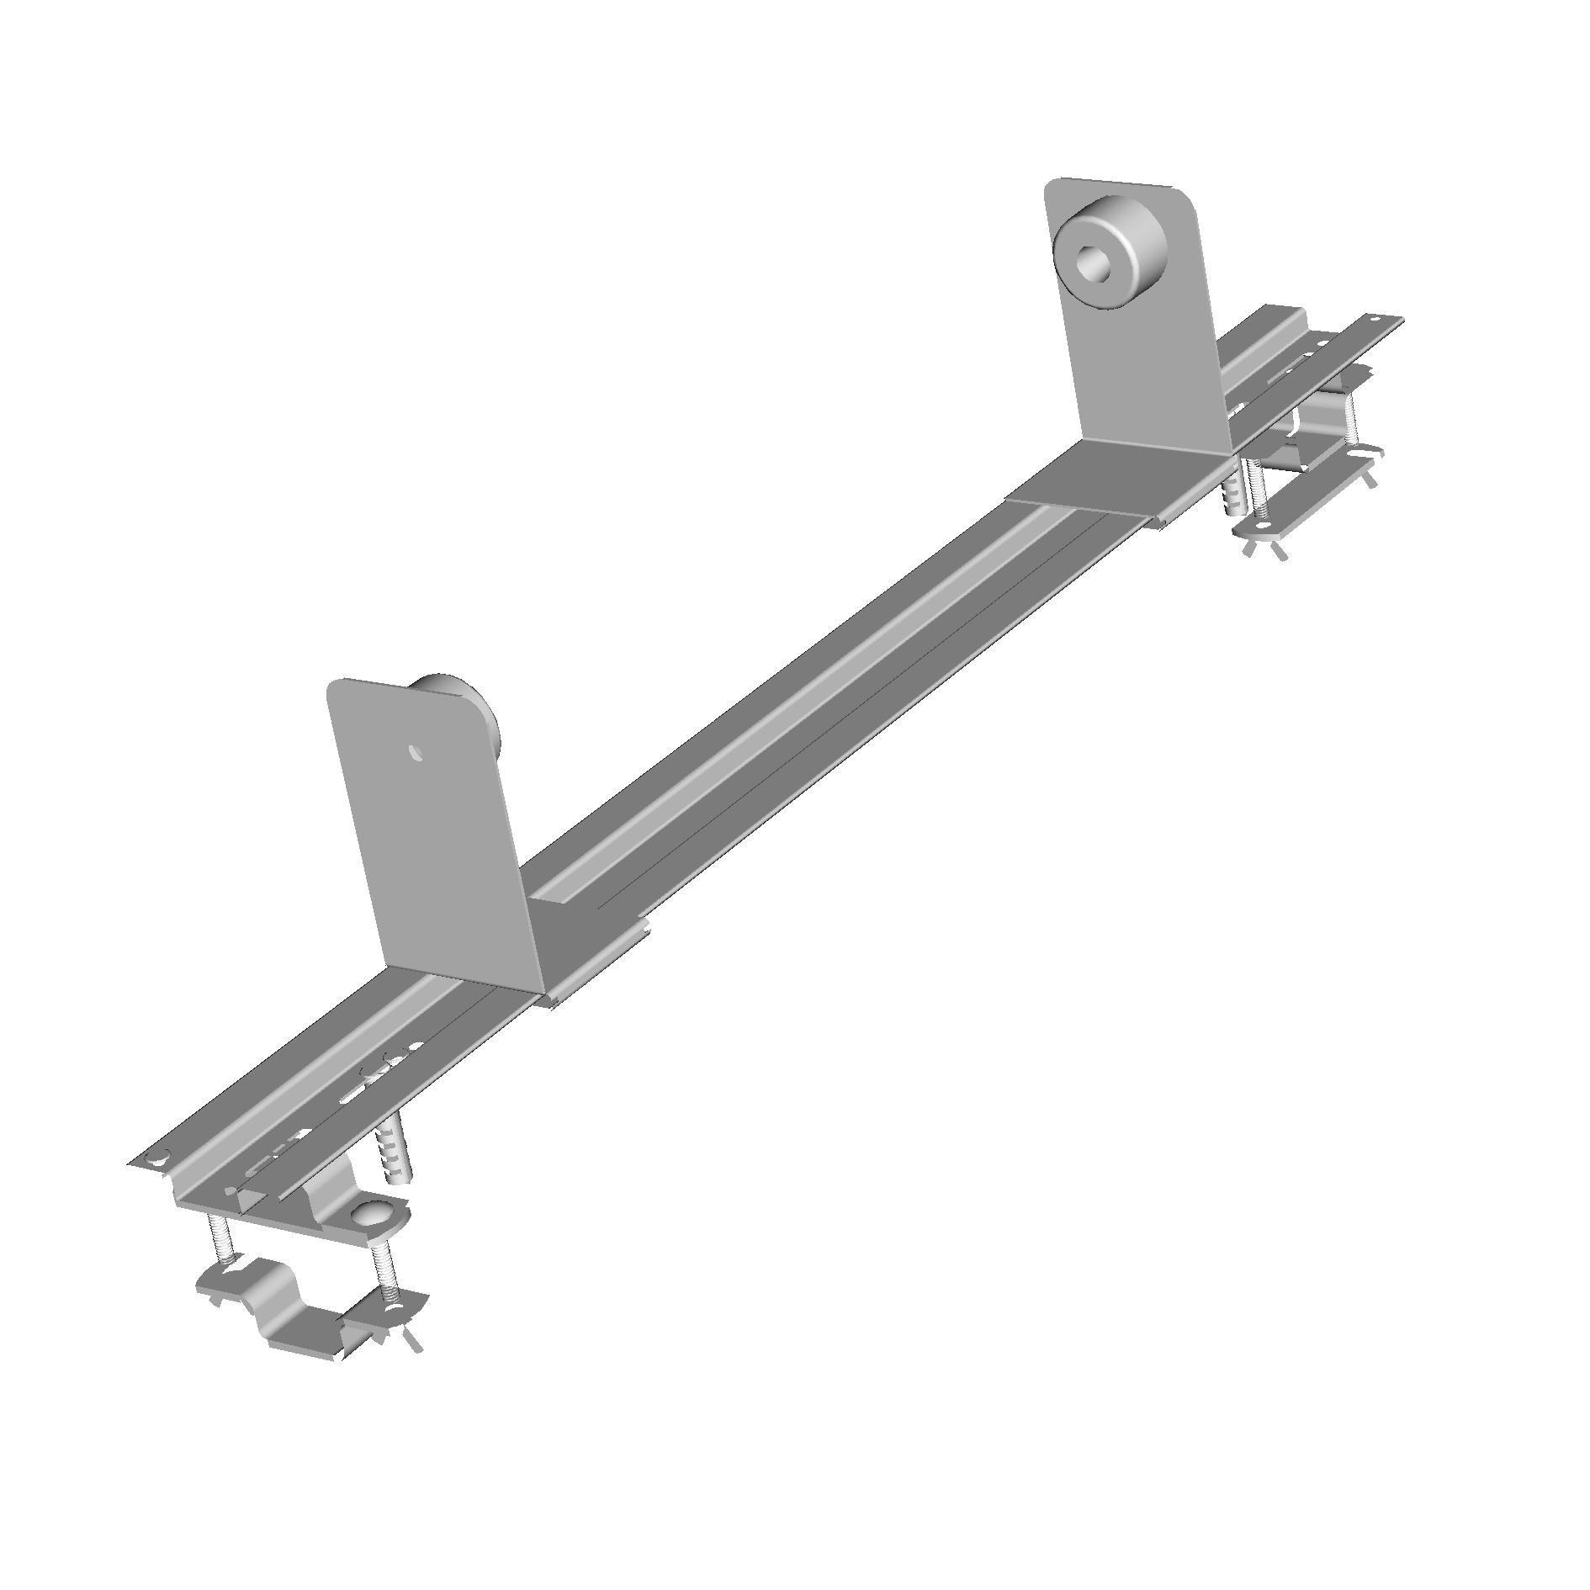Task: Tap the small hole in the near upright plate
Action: tap(415, 751)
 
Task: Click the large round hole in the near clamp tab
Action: tap(371, 1214)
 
